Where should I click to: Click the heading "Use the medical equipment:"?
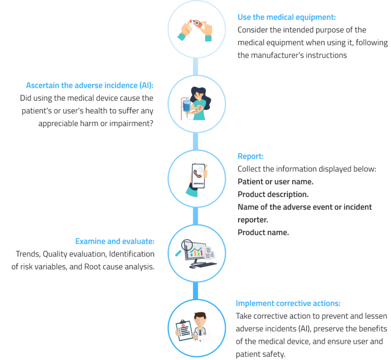coord(286,17)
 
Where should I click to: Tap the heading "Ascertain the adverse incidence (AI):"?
coord(90,85)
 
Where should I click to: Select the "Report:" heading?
coord(250,156)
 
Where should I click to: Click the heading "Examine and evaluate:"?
coord(115,241)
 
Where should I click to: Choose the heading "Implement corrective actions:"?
coord(288,303)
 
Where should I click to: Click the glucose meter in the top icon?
coord(197,23)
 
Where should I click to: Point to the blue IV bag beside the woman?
coord(186,105)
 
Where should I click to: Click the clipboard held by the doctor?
coord(184,331)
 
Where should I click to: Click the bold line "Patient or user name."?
coord(275,182)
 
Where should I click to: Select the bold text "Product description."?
coord(273,194)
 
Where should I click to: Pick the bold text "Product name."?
coord(263,233)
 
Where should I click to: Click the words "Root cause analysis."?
coord(119,266)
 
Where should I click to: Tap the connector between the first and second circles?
coord(195,67)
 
